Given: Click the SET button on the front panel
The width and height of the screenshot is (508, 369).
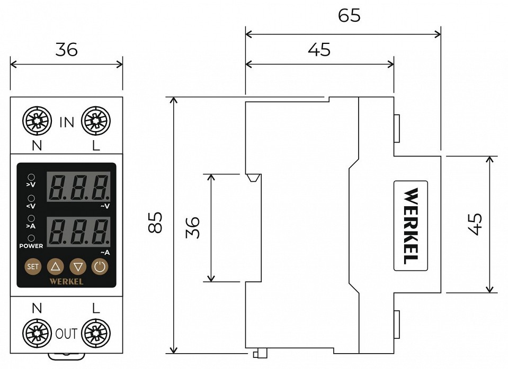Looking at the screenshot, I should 33,266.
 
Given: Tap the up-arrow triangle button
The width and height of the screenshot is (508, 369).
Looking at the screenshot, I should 55,266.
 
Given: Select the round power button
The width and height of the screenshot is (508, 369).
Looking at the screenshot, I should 100,266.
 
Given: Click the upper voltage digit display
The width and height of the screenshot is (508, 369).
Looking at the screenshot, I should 79,187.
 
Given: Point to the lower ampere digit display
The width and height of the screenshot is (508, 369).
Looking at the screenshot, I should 79,231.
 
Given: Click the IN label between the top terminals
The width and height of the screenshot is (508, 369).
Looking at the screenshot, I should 67,123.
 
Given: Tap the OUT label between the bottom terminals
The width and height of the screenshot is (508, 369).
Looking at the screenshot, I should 67,334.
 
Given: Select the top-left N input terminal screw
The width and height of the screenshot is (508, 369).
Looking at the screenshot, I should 37,122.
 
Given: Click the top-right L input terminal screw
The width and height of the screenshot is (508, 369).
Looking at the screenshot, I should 96,122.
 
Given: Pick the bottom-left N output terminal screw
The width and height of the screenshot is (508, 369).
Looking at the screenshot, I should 37,334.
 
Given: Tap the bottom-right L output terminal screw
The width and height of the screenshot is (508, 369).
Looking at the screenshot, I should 96,334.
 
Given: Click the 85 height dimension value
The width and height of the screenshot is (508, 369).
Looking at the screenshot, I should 155,224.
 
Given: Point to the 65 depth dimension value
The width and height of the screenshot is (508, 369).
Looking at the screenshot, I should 349,15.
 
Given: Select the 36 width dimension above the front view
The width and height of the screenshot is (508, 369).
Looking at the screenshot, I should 67,49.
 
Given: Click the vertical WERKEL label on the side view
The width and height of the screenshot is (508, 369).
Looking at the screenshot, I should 411,226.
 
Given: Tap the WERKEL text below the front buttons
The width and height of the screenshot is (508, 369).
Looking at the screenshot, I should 66,281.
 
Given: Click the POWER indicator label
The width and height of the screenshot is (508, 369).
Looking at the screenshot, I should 31,246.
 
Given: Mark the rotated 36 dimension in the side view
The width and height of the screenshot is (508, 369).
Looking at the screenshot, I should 194,227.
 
